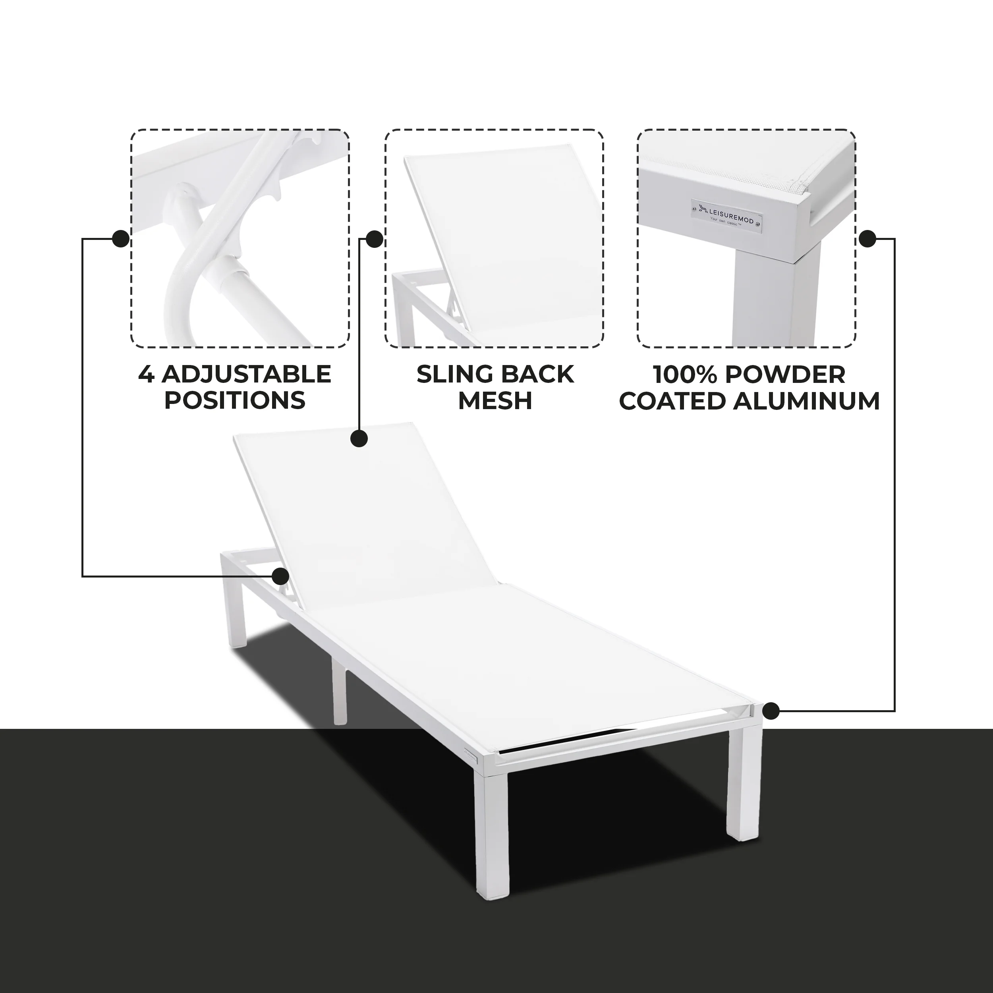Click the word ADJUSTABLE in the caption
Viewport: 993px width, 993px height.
(246, 374)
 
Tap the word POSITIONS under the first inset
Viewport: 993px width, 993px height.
(235, 401)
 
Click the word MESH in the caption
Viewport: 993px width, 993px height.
(495, 401)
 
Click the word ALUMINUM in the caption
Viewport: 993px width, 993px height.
(806, 401)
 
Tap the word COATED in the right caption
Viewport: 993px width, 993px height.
(673, 401)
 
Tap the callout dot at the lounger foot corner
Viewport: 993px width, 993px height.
(771, 711)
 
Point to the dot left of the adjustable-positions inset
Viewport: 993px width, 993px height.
(120, 238)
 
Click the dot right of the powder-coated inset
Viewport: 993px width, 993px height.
(867, 238)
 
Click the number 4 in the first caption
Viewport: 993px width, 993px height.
(146, 374)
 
